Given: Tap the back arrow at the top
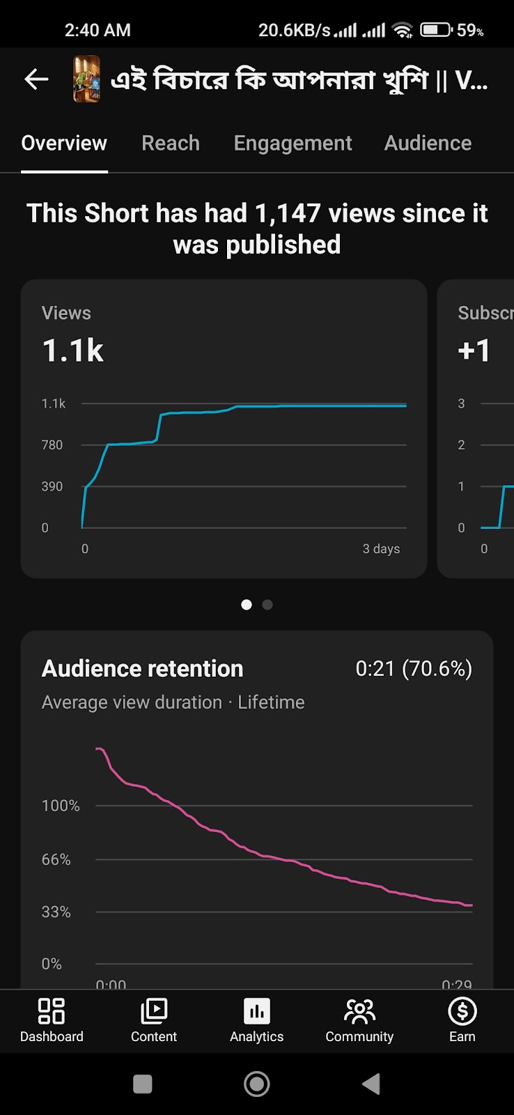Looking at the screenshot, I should coord(36,79).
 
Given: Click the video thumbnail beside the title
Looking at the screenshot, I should coord(87,79).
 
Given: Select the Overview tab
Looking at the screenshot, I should coord(64,144).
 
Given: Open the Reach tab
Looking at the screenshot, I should coord(171,144).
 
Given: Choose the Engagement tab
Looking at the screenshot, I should coord(293,144).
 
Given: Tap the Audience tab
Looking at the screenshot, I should coord(428,144).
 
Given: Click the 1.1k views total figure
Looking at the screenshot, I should coord(73,351).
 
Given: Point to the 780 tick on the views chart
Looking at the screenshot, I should coord(52,445).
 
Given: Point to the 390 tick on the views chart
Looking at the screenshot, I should coord(52,486).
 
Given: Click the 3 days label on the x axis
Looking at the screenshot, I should coord(381,549).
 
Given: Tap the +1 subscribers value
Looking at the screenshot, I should coord(474,351).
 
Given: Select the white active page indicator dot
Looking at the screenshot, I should coord(247,605).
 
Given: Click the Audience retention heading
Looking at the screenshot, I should coord(143,669).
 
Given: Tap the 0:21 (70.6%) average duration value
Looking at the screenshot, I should coord(414,669).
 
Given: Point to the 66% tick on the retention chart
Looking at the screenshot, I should coord(56,860).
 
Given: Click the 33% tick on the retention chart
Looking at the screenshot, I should coord(56,912).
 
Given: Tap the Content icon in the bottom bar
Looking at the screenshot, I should coord(154,1011).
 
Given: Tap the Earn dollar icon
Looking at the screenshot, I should coord(462,1011).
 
